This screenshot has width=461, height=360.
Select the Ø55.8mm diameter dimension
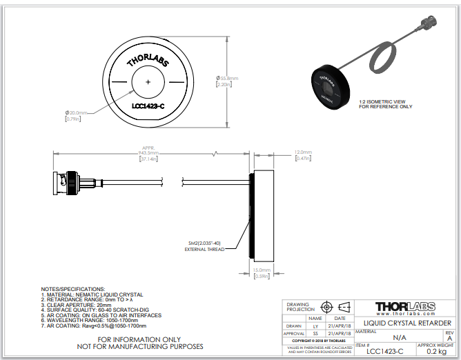click(x=228, y=79)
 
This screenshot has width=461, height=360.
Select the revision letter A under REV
click(x=449, y=339)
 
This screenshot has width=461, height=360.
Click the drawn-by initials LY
click(x=316, y=325)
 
